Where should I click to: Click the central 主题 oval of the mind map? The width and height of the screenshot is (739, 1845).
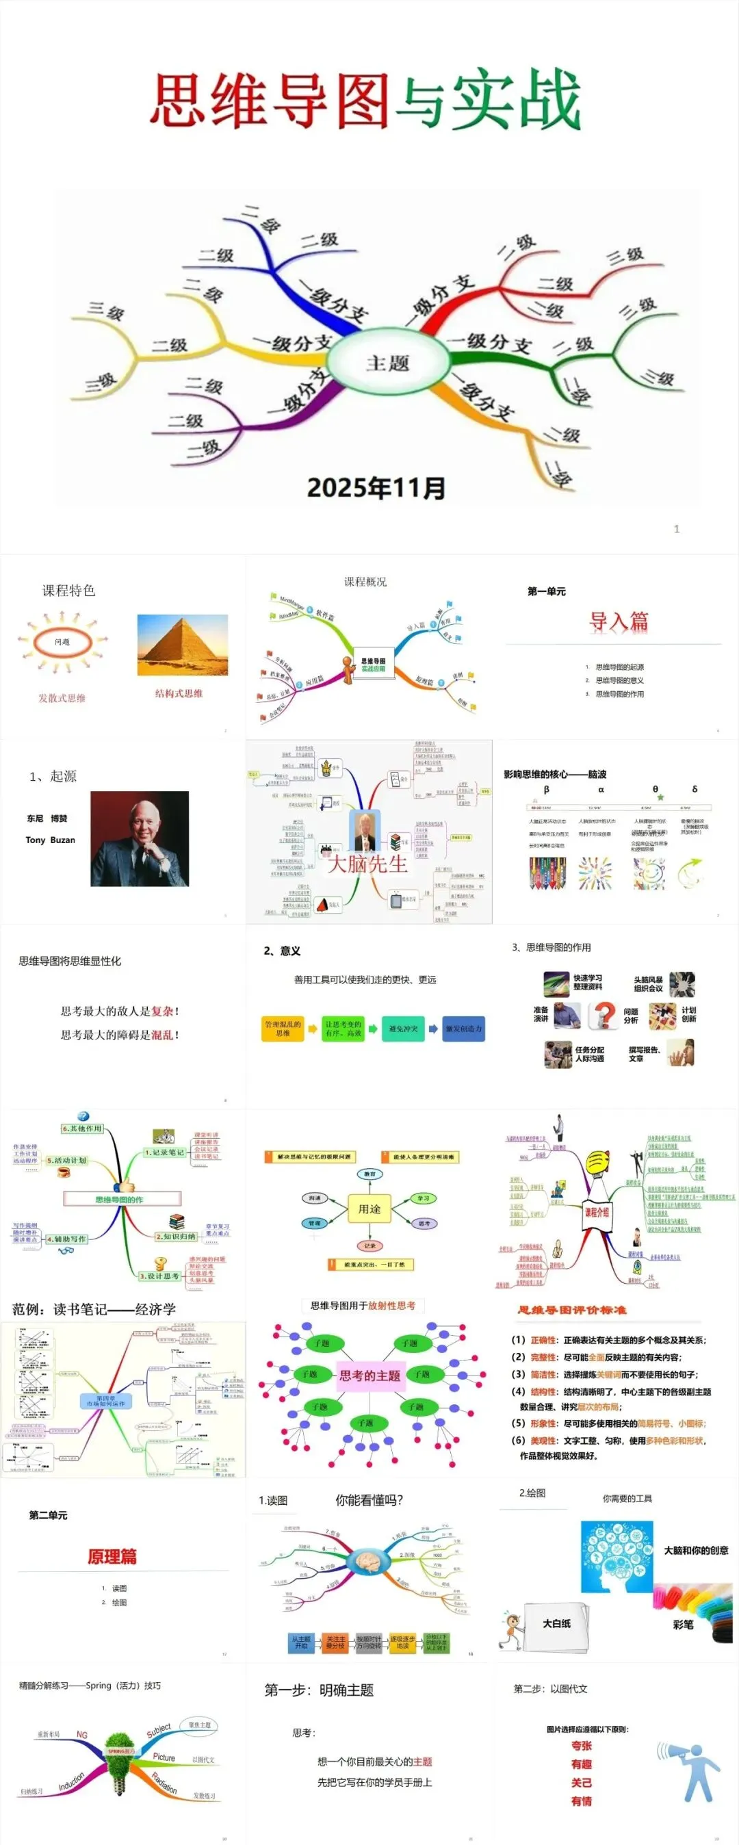tap(387, 363)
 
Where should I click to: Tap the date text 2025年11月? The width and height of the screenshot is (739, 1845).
tap(376, 488)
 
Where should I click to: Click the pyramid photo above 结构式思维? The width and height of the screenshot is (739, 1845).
tap(183, 645)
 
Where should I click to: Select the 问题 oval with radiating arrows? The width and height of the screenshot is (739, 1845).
tap(62, 642)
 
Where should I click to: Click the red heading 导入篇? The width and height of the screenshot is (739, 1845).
tap(618, 621)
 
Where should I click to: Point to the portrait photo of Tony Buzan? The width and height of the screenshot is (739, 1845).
tap(140, 839)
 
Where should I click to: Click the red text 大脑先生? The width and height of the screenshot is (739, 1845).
tap(367, 864)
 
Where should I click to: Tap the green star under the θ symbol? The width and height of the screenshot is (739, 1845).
tap(660, 797)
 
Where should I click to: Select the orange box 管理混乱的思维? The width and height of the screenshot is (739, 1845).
tap(283, 1029)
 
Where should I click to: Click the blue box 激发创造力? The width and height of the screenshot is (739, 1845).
tap(463, 1029)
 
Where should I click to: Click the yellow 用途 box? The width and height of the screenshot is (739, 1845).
tap(369, 1209)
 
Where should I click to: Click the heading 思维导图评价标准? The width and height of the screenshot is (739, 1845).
tap(571, 1310)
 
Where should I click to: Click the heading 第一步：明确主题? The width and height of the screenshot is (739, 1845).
tap(319, 1690)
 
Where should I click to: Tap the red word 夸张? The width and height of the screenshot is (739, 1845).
tap(582, 1746)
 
